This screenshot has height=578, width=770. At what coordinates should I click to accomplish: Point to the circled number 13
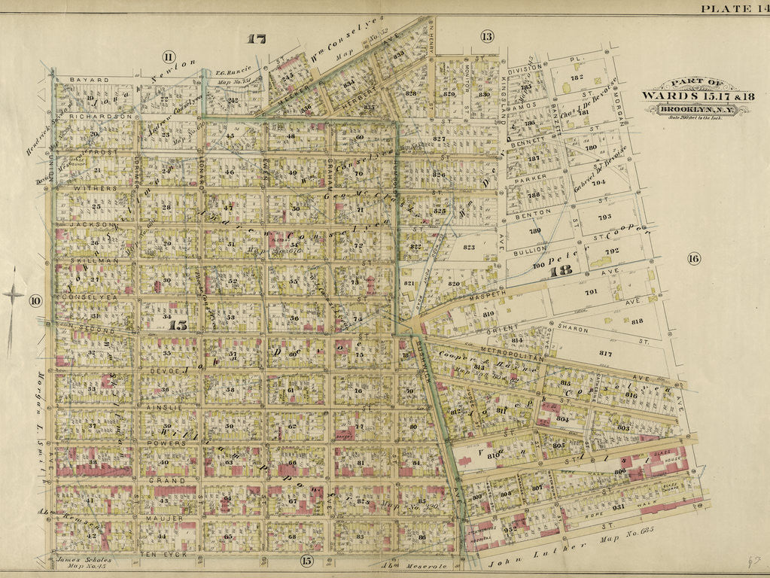point(487,36)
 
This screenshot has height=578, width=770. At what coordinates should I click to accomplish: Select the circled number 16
point(693,259)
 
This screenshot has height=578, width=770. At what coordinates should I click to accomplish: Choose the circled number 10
point(35,301)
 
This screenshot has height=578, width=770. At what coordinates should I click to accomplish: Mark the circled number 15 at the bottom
point(306,560)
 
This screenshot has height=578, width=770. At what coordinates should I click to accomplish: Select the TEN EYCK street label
point(161,553)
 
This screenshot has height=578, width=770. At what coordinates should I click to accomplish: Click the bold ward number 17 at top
point(256,39)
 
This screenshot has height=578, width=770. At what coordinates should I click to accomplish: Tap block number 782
point(577,78)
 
